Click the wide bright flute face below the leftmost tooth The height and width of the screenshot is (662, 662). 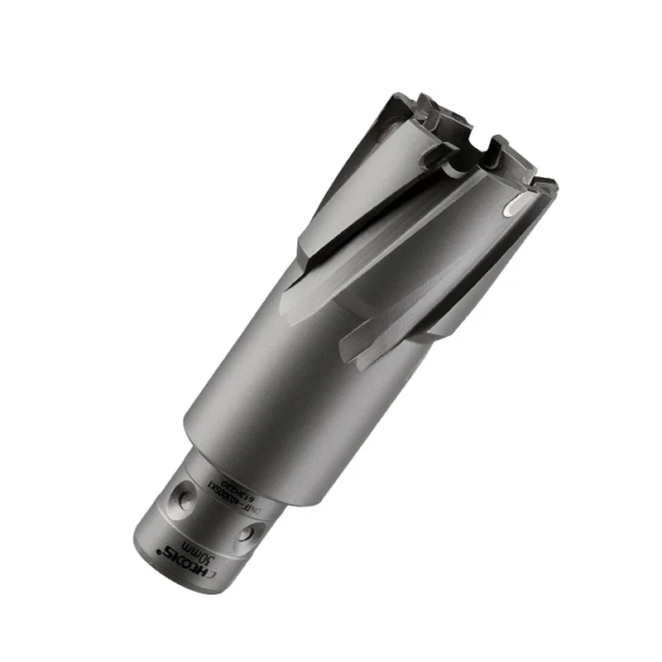pos(348,190)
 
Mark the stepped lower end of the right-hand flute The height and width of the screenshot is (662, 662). pos(352,352)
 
